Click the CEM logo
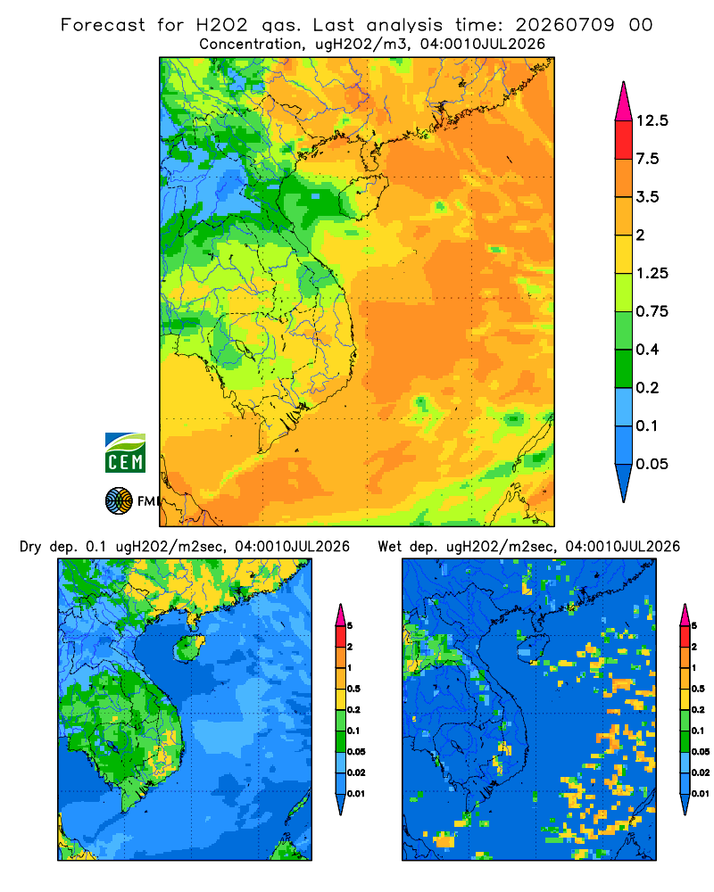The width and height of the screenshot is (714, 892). [125, 452]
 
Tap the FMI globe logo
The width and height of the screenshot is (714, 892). [119, 501]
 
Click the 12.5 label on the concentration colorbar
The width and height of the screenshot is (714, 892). [652, 120]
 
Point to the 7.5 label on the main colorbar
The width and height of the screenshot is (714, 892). [647, 159]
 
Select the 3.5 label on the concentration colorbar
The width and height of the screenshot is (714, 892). [647, 197]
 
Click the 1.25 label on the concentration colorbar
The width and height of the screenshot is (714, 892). [652, 273]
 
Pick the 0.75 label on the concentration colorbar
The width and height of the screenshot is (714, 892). [652, 311]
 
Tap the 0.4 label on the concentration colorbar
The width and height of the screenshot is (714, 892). [647, 350]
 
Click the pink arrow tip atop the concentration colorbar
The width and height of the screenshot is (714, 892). [624, 83]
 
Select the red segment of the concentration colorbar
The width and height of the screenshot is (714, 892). [624, 140]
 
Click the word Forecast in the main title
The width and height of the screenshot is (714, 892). [103, 25]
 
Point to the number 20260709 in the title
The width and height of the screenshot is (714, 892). [565, 25]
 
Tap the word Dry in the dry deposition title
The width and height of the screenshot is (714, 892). [30, 547]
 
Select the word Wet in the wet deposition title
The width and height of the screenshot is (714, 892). [390, 547]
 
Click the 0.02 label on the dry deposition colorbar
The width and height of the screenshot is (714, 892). [356, 772]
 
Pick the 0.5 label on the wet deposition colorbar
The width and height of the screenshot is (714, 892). [697, 689]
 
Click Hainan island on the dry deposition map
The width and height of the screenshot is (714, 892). [189, 648]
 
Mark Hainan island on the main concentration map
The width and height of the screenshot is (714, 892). [363, 196]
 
